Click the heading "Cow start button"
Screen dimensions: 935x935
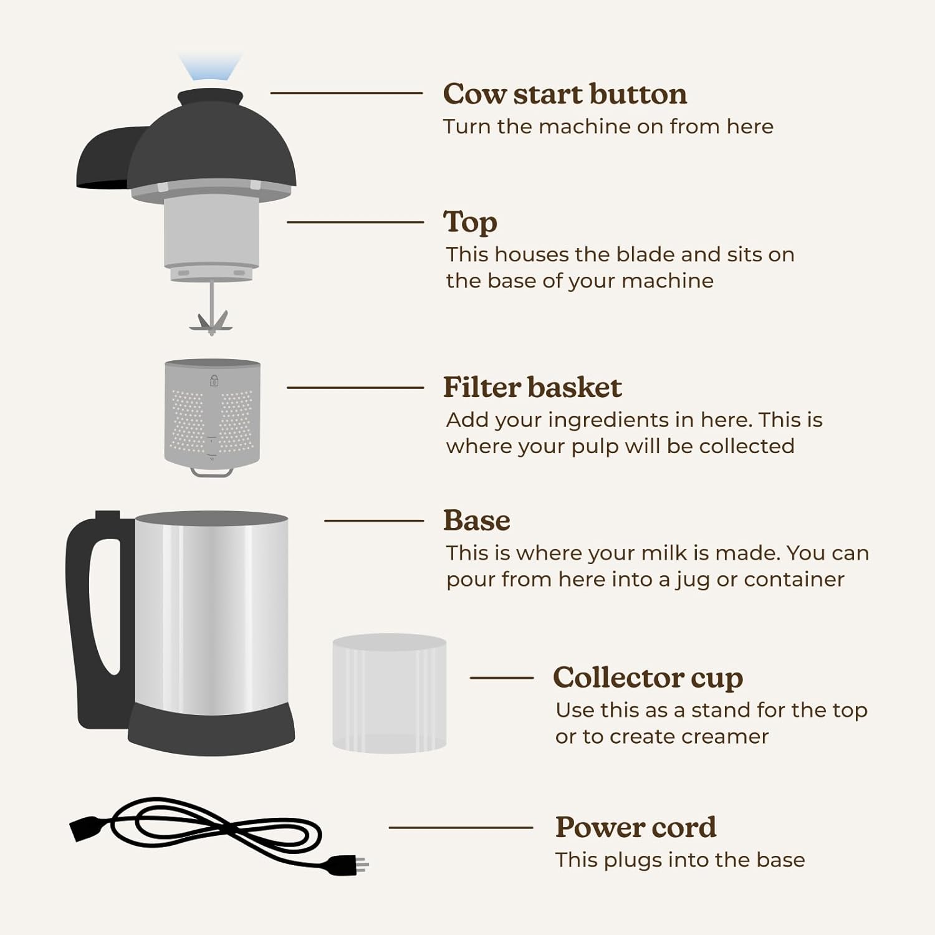565,94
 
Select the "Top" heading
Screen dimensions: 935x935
470,222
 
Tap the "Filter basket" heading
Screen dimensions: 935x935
532,387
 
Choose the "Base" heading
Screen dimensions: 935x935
476,520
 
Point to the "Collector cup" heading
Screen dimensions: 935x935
648,678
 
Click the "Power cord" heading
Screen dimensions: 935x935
635,827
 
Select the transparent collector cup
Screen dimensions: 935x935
389,693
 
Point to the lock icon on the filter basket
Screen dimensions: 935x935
214,380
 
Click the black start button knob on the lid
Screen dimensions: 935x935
210,98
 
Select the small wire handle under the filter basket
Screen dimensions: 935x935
212,472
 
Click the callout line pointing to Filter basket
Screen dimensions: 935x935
355,388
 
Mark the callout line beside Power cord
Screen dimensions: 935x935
461,828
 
